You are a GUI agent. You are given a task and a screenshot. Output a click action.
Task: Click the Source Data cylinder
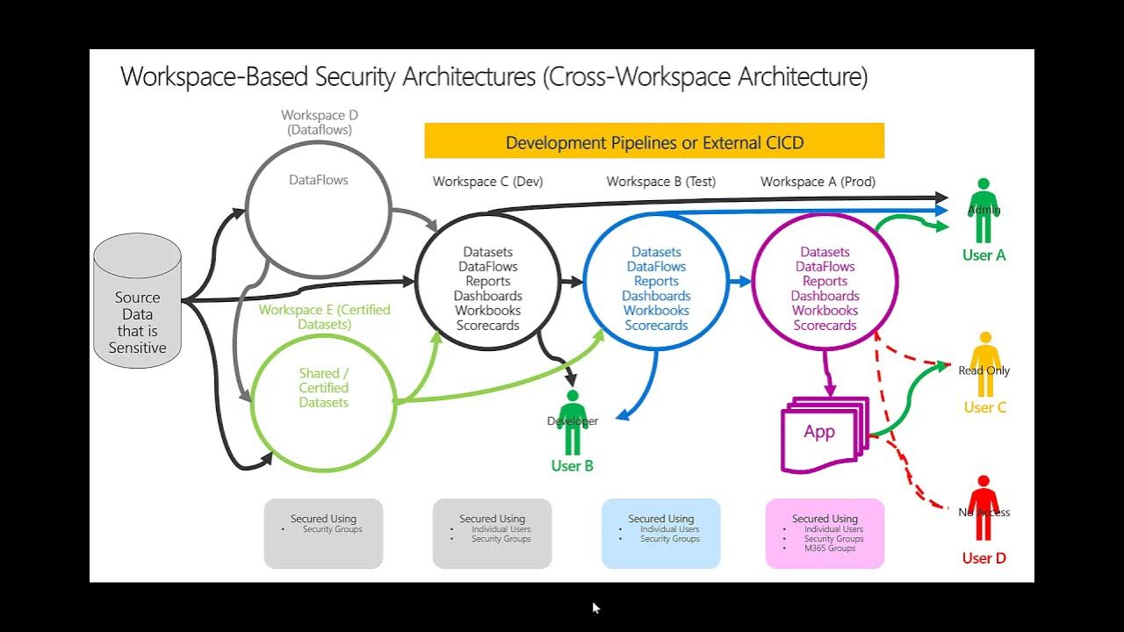(137, 303)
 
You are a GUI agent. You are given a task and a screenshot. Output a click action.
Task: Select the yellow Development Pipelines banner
(654, 142)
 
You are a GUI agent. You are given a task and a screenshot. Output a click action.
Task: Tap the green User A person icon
(983, 212)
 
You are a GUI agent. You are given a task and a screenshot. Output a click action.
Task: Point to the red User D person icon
(983, 508)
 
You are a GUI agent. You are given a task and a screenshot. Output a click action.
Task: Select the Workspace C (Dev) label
(487, 182)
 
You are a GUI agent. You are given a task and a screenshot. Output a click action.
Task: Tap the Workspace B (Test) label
(660, 182)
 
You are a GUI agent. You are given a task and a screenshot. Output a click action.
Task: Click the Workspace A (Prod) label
(818, 182)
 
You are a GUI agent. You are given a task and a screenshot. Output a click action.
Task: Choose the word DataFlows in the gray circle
(319, 180)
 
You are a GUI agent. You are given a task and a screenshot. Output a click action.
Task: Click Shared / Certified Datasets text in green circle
(324, 388)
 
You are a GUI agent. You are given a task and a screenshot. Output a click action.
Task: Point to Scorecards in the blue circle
(657, 326)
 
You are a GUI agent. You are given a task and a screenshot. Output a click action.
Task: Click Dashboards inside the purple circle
(825, 296)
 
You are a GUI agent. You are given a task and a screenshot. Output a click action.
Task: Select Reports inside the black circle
(487, 281)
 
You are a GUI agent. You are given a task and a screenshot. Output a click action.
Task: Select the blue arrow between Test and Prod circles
(739, 282)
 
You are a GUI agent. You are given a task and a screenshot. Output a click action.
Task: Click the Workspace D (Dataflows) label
(320, 122)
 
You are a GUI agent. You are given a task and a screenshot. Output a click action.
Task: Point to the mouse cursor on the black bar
(596, 607)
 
